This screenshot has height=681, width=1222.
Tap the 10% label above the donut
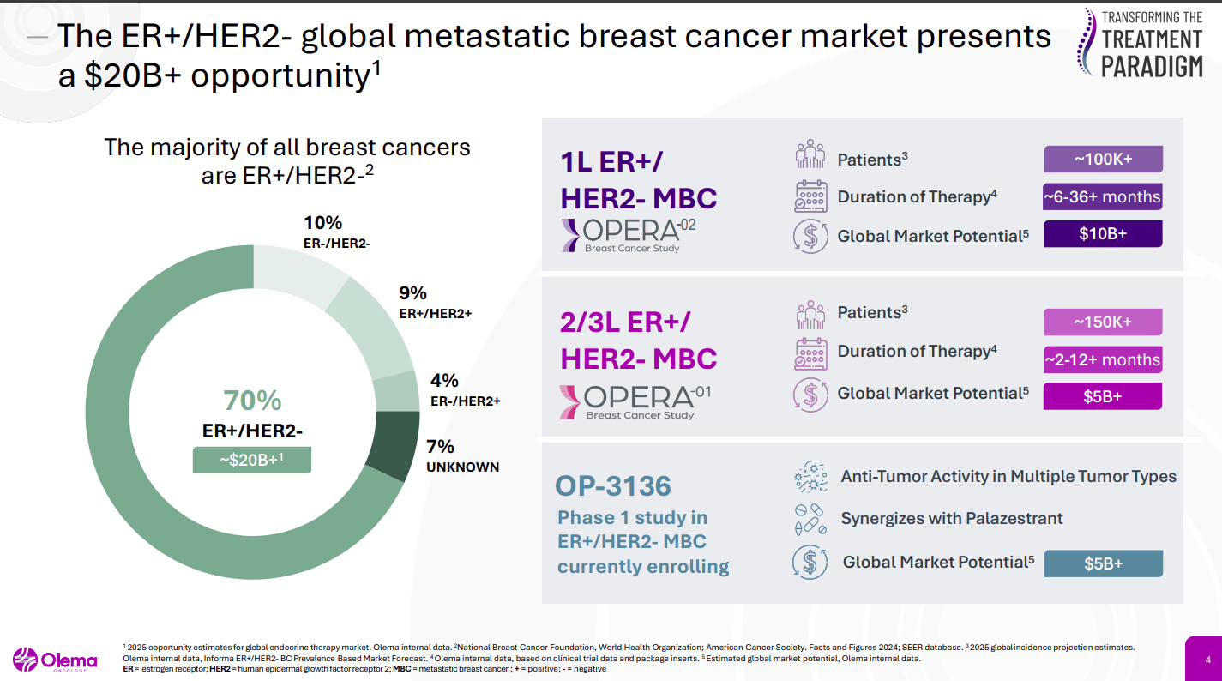click(x=322, y=222)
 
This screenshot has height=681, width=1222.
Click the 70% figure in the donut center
click(x=252, y=401)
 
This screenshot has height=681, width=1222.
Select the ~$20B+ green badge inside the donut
click(x=251, y=460)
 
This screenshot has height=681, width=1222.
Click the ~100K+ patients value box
click(x=1103, y=160)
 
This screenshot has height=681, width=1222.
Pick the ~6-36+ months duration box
click(x=1103, y=197)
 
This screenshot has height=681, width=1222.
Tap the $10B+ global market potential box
click(x=1103, y=234)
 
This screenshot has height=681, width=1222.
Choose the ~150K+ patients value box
click(x=1103, y=322)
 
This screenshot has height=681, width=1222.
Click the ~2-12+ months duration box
click(x=1103, y=359)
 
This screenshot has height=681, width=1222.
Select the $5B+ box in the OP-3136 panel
click(x=1103, y=563)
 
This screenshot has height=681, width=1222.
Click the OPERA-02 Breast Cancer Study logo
click(x=628, y=235)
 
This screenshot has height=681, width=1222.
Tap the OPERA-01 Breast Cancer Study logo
click(x=628, y=401)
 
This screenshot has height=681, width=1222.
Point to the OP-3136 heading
click(x=613, y=486)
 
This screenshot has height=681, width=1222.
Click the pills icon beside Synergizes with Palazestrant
click(x=810, y=519)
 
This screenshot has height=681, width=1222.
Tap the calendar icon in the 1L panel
click(x=810, y=196)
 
